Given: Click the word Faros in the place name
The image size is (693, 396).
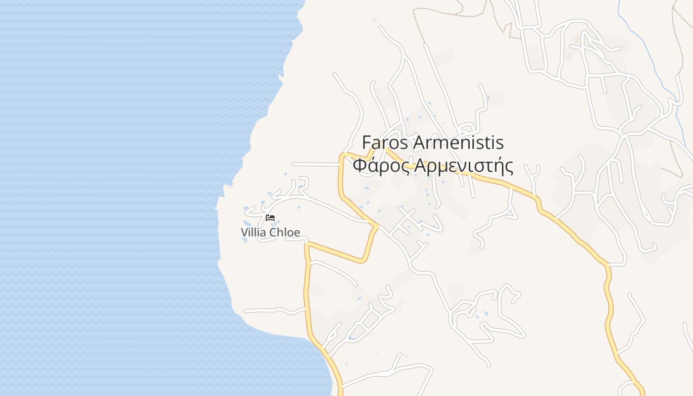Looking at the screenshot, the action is point(385,143).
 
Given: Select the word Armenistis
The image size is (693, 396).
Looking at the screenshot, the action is point(458,143).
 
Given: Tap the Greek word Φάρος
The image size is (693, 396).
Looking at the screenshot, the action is point(381,166).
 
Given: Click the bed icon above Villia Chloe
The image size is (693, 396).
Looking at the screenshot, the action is point(270,218).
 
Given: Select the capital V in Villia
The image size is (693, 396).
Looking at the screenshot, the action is point(244,232).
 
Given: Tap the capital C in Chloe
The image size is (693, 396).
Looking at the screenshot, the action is point(273,232).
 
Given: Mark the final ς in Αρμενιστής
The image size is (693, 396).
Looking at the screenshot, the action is point(508,167).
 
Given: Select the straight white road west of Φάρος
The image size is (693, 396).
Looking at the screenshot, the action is point(314,164).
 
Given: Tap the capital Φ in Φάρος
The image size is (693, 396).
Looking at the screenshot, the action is point(359,166).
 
